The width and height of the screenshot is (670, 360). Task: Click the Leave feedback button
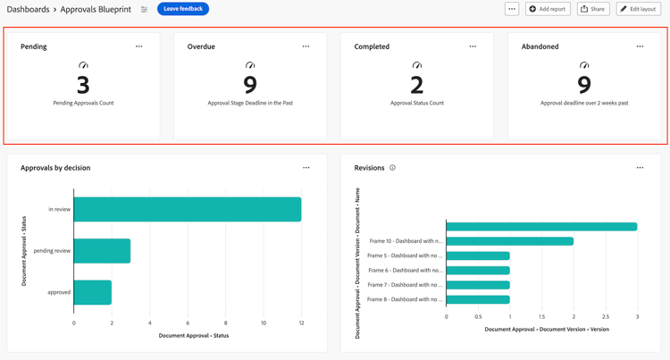(x=183, y=9)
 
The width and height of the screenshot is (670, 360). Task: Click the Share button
(x=593, y=9)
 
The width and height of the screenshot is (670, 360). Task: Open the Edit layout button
(x=638, y=9)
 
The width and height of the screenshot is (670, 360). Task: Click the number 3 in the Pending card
(x=83, y=86)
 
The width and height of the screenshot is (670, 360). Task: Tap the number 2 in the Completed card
(x=417, y=86)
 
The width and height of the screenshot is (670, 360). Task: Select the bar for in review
(x=188, y=209)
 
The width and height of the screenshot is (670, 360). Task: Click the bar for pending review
(x=103, y=251)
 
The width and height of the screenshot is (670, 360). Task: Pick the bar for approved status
(x=93, y=292)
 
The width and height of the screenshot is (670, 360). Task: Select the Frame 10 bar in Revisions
(x=509, y=241)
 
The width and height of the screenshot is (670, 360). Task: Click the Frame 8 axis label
(x=405, y=299)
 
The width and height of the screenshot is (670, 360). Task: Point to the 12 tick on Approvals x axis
(x=301, y=323)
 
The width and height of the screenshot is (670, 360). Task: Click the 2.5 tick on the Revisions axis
(x=606, y=316)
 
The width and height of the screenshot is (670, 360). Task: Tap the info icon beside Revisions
(x=392, y=168)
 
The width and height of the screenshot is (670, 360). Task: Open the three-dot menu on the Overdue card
(x=306, y=46)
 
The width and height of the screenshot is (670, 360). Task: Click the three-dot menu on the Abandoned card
(x=640, y=46)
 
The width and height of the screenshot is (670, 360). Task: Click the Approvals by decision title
(x=55, y=168)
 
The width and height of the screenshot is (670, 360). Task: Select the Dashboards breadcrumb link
(x=28, y=9)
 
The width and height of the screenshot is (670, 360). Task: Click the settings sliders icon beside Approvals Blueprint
(x=144, y=9)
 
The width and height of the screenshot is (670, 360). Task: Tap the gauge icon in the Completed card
(x=417, y=65)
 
